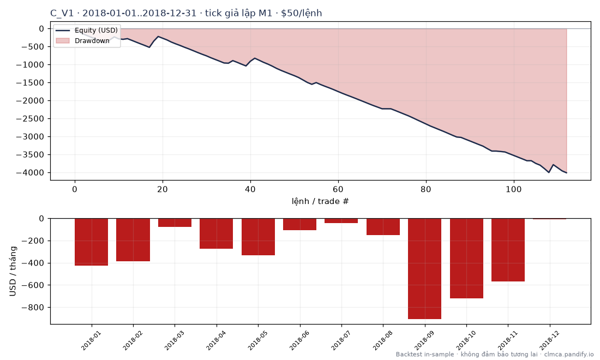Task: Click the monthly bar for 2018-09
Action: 424,268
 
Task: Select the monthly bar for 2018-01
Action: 92,242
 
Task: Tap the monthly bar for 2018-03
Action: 175,223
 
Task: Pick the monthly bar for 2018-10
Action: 466,258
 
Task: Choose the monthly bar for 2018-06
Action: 299,224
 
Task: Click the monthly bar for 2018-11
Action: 508,250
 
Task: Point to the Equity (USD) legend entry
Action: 87,30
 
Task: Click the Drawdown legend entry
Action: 83,40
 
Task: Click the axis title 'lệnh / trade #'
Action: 320,201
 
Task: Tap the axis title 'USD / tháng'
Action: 13,271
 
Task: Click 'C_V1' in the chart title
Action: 62,14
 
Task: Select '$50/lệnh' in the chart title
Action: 302,14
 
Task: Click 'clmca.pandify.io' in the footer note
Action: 568,354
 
